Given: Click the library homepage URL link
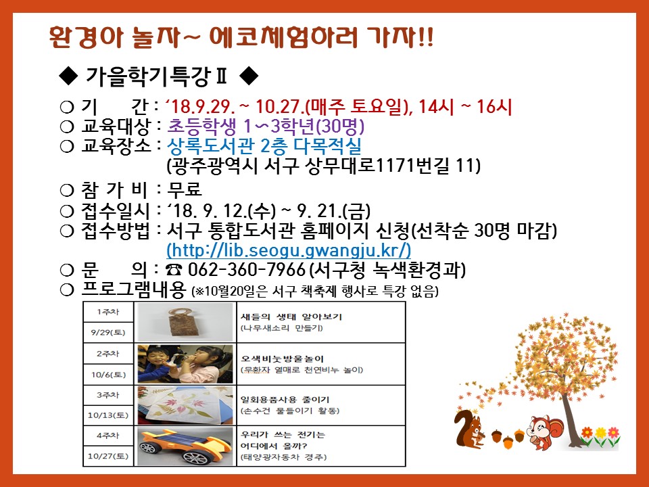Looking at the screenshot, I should pyautogui.click(x=289, y=250).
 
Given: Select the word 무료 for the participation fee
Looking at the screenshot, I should pyautogui.click(x=185, y=189).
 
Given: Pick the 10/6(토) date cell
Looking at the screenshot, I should pyautogui.click(x=108, y=374).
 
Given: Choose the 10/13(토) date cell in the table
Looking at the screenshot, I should pyautogui.click(x=108, y=415).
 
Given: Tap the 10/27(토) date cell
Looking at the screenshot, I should pyautogui.click(x=108, y=457).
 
